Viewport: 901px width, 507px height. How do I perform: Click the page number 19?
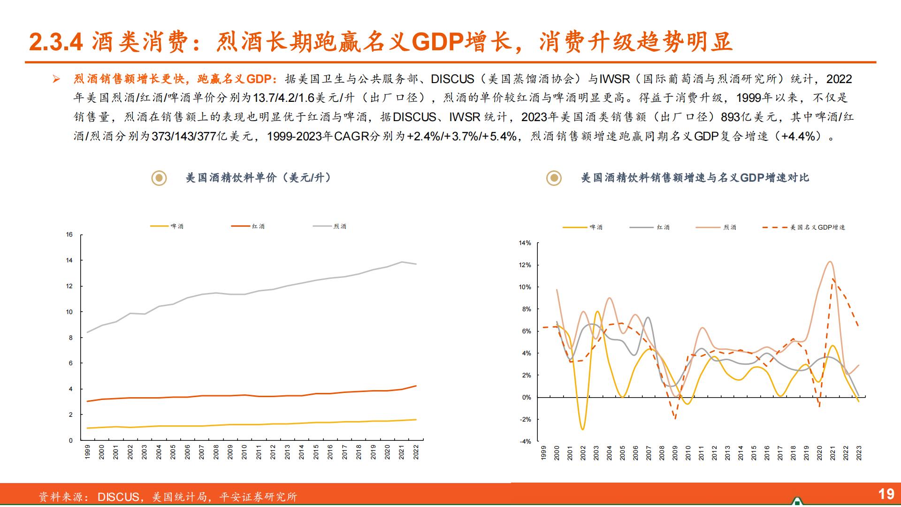click(x=886, y=493)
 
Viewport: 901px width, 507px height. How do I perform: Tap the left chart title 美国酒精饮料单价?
click(x=258, y=178)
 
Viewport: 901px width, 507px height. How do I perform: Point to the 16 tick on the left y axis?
click(x=69, y=235)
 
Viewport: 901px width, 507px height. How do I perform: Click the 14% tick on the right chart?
click(x=525, y=243)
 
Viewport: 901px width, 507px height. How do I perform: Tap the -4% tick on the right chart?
click(x=525, y=442)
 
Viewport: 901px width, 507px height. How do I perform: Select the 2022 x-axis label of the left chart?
click(x=415, y=452)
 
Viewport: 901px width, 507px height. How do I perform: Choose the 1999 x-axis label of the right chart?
click(x=544, y=453)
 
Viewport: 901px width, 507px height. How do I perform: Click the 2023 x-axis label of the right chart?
click(x=859, y=453)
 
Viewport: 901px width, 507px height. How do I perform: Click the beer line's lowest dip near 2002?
click(x=583, y=429)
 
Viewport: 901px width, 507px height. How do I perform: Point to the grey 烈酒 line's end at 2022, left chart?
click(x=416, y=264)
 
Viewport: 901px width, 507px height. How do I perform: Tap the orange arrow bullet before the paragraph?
click(x=56, y=79)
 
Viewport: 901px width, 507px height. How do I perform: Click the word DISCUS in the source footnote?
click(x=118, y=497)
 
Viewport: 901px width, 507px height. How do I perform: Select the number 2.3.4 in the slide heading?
click(x=56, y=42)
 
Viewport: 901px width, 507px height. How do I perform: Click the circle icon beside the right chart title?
click(x=554, y=178)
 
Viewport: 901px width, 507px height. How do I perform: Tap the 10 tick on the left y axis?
click(x=69, y=312)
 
